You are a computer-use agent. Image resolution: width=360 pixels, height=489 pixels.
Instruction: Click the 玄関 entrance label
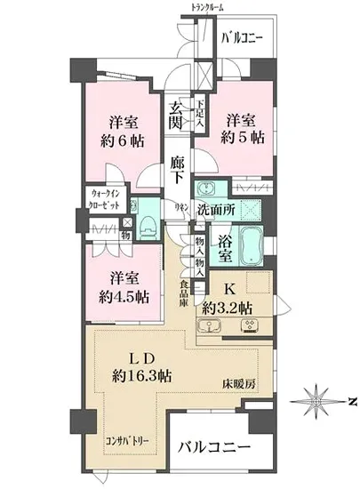177,116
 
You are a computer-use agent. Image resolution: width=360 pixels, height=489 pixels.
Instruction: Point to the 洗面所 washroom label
215,211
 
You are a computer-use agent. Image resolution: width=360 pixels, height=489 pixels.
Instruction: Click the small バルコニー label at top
243,38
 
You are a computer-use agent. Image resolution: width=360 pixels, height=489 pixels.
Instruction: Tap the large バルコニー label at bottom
212,446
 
